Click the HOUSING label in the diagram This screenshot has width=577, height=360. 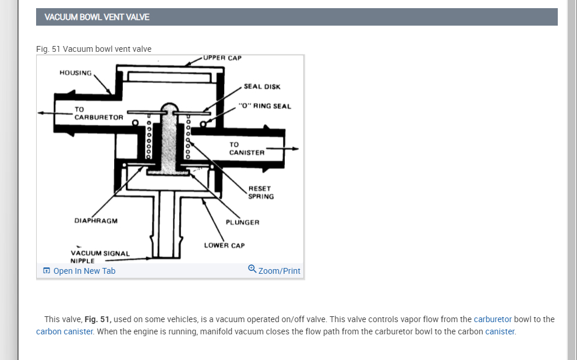click(76, 73)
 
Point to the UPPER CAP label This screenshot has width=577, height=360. click(222, 58)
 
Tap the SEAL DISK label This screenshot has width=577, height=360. click(262, 87)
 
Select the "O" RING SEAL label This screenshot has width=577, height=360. click(265, 106)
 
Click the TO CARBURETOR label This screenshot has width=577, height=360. click(98, 113)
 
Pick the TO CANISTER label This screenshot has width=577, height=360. click(246, 149)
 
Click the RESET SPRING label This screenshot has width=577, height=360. click(260, 193)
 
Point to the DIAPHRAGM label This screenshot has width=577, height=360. click(96, 221)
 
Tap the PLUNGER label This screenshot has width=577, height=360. click(243, 223)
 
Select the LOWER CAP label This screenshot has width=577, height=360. click(224, 246)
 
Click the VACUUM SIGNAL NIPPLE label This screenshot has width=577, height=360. click(100, 257)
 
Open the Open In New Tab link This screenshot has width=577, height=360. click(84, 271)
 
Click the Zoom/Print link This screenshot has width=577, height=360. click(279, 271)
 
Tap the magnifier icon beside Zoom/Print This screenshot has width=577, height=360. click(252, 269)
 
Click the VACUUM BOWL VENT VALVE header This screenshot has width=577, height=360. click(97, 17)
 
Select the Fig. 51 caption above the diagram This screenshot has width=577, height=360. click(94, 49)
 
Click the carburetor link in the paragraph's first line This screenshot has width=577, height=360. click(493, 319)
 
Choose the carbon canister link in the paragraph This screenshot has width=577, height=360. click(65, 331)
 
